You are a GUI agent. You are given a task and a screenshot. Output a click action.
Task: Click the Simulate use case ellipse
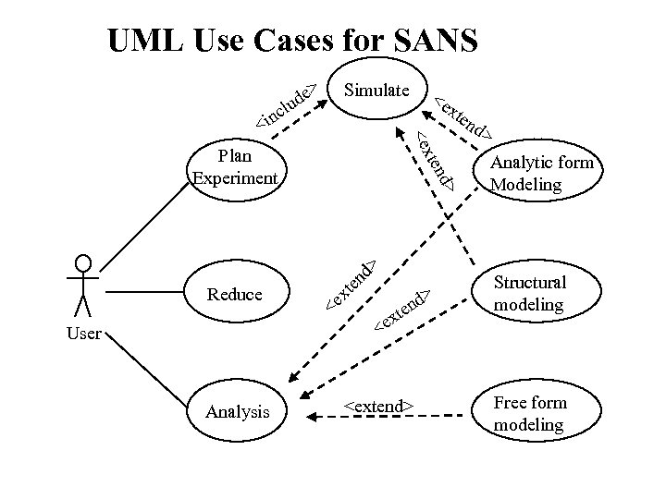376,91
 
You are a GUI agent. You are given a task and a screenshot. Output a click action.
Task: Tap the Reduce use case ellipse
235,295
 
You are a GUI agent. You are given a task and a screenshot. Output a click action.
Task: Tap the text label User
84,334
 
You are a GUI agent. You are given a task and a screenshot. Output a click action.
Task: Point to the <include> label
288,104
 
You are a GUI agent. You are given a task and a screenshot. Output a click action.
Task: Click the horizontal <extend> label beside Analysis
377,406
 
